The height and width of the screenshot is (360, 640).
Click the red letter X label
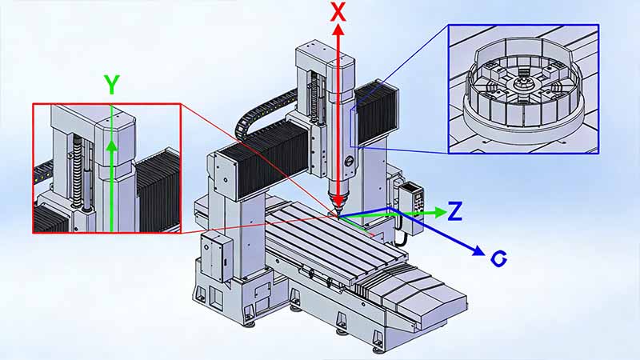click(x=338, y=11)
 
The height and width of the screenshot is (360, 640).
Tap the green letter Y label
click(x=111, y=85)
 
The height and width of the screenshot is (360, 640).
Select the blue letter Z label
click(x=454, y=211)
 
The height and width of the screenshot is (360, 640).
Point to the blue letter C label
click(x=498, y=258)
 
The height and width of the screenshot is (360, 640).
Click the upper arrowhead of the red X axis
click(x=338, y=30)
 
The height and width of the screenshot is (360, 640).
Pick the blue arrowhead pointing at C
click(x=478, y=250)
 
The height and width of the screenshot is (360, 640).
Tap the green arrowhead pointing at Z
click(x=440, y=212)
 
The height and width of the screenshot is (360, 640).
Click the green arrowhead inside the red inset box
click(x=111, y=146)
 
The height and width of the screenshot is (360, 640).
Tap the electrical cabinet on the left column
click(x=216, y=257)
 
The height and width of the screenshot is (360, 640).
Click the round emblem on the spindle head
click(x=350, y=161)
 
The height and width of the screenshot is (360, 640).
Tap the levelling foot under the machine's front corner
click(x=378, y=348)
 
